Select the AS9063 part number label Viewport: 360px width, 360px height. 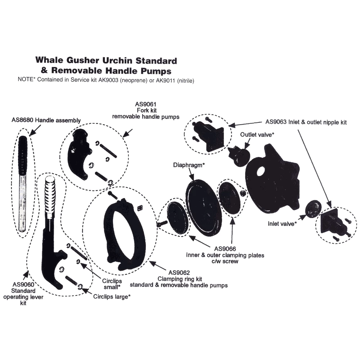coord(278,122)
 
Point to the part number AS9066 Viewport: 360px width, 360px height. coord(225,249)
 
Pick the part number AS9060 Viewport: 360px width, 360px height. coord(19,284)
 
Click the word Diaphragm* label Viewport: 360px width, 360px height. coord(189,165)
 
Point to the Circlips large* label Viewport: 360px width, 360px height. coord(112,297)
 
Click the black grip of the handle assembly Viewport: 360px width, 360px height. coord(23,151)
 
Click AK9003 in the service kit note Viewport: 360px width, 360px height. coord(104,80)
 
